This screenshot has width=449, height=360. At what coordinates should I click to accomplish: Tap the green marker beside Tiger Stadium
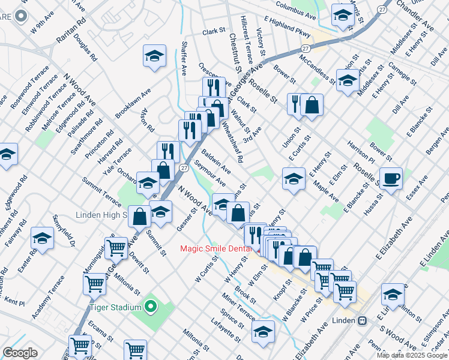(150, 308)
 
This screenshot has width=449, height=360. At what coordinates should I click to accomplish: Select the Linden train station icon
(362, 320)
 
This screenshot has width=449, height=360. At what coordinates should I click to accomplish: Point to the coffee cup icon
(391, 178)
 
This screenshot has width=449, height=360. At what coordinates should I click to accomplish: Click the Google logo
(20, 353)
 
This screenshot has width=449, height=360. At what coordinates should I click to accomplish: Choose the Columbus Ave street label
(296, 8)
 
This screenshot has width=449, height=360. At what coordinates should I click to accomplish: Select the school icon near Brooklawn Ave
(154, 56)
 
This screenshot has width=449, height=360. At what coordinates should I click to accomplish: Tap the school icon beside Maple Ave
(294, 178)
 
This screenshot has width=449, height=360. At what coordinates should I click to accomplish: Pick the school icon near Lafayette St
(263, 331)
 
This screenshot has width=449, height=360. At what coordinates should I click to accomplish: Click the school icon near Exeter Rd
(42, 238)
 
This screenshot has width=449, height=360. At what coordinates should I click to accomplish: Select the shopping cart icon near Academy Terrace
(95, 284)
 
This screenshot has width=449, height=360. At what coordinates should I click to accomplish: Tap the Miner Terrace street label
(238, 306)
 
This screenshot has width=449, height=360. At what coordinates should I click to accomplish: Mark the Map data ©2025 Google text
(412, 355)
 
